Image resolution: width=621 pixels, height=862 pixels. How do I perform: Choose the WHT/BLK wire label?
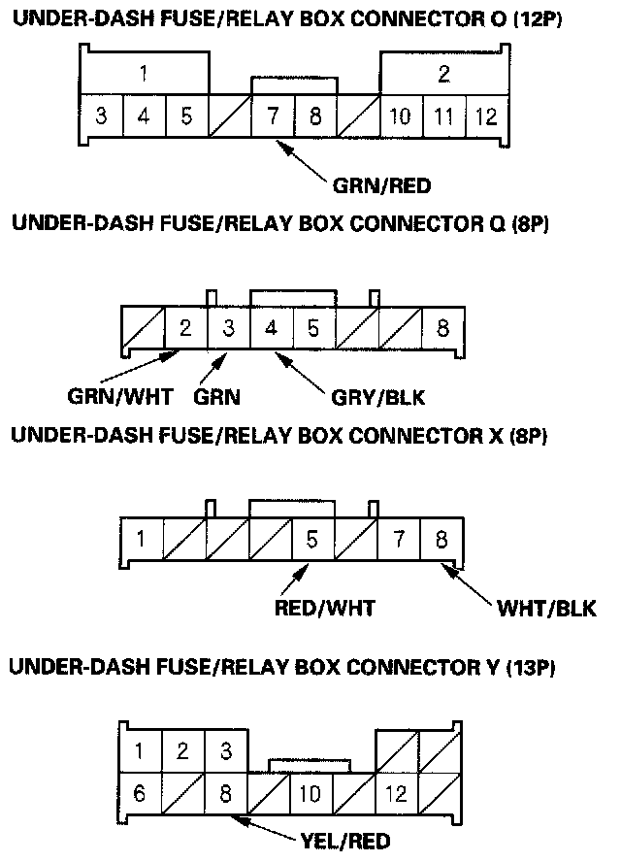point(546,608)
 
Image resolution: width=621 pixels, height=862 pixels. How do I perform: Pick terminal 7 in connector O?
point(273,117)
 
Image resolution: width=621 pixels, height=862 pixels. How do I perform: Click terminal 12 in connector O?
point(486,117)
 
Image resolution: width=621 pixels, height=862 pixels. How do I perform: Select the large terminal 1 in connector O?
point(144,73)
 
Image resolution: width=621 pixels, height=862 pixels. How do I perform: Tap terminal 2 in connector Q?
point(185,328)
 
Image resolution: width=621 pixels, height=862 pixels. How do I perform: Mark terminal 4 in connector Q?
point(271,328)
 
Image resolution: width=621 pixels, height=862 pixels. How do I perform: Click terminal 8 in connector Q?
point(442,328)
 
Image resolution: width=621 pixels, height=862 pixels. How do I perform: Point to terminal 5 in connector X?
point(312,538)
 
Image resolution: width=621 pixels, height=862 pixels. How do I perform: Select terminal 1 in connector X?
point(142,538)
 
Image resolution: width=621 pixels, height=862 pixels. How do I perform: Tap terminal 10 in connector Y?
point(310,794)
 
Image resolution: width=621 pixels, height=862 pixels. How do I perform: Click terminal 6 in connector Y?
point(141,794)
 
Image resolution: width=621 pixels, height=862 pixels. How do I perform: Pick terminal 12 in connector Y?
point(397,794)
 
